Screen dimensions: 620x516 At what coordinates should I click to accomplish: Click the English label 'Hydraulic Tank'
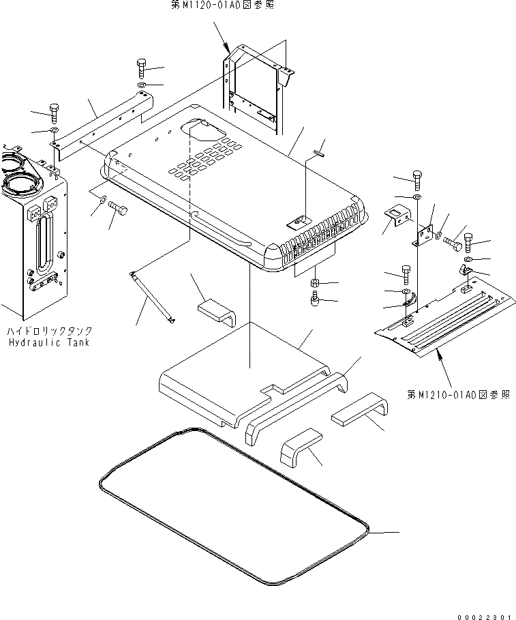[48, 342]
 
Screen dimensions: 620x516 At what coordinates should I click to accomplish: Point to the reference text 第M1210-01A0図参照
[457, 394]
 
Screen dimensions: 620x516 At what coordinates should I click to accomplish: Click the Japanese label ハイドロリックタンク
[48, 331]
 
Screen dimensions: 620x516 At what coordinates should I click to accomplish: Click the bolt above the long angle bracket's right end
[141, 68]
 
